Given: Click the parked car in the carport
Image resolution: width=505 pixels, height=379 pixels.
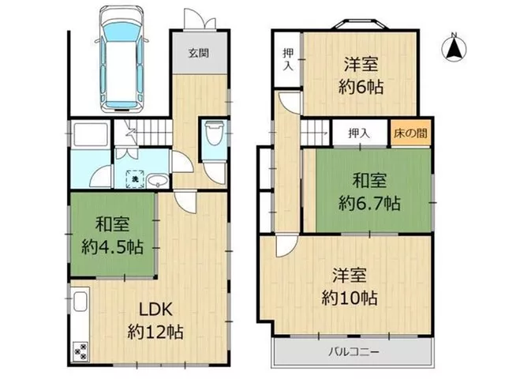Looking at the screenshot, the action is pos(122,60).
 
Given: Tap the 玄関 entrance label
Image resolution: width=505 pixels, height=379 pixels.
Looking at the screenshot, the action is pos(199,53).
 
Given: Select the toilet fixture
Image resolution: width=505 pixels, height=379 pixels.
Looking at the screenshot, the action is pos(215,133).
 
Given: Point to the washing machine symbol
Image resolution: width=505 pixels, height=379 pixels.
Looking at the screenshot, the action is pos(135,178).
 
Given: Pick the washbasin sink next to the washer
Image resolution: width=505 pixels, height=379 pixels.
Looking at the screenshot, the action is pos(158,180).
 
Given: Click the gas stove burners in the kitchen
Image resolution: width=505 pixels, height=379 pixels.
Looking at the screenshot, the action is pos(80,351).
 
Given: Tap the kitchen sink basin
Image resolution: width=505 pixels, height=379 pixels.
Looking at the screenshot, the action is pos(80,302).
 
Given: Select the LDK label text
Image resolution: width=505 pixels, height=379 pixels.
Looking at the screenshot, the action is pos(156,310).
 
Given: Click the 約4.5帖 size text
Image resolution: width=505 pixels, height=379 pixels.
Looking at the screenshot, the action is pos(112,247).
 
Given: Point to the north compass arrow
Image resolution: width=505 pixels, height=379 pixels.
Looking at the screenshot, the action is pos(454,48).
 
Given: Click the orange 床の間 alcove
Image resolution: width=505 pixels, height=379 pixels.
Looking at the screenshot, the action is pos(410,133).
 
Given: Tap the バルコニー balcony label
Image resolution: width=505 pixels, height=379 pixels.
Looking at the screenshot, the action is pos(353,351).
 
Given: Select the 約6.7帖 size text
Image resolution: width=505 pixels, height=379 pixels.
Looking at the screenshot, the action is pos(369,203).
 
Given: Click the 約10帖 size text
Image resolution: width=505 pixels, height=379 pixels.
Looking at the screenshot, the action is pos(350,298).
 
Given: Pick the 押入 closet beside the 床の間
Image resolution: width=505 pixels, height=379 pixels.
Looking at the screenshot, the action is pos(359,133).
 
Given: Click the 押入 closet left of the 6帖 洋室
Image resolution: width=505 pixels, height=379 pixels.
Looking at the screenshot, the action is pos(288,59).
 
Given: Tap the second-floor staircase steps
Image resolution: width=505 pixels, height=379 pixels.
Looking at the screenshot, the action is pos(315,133).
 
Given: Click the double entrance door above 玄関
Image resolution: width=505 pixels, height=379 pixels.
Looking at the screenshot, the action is pos(200,19).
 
